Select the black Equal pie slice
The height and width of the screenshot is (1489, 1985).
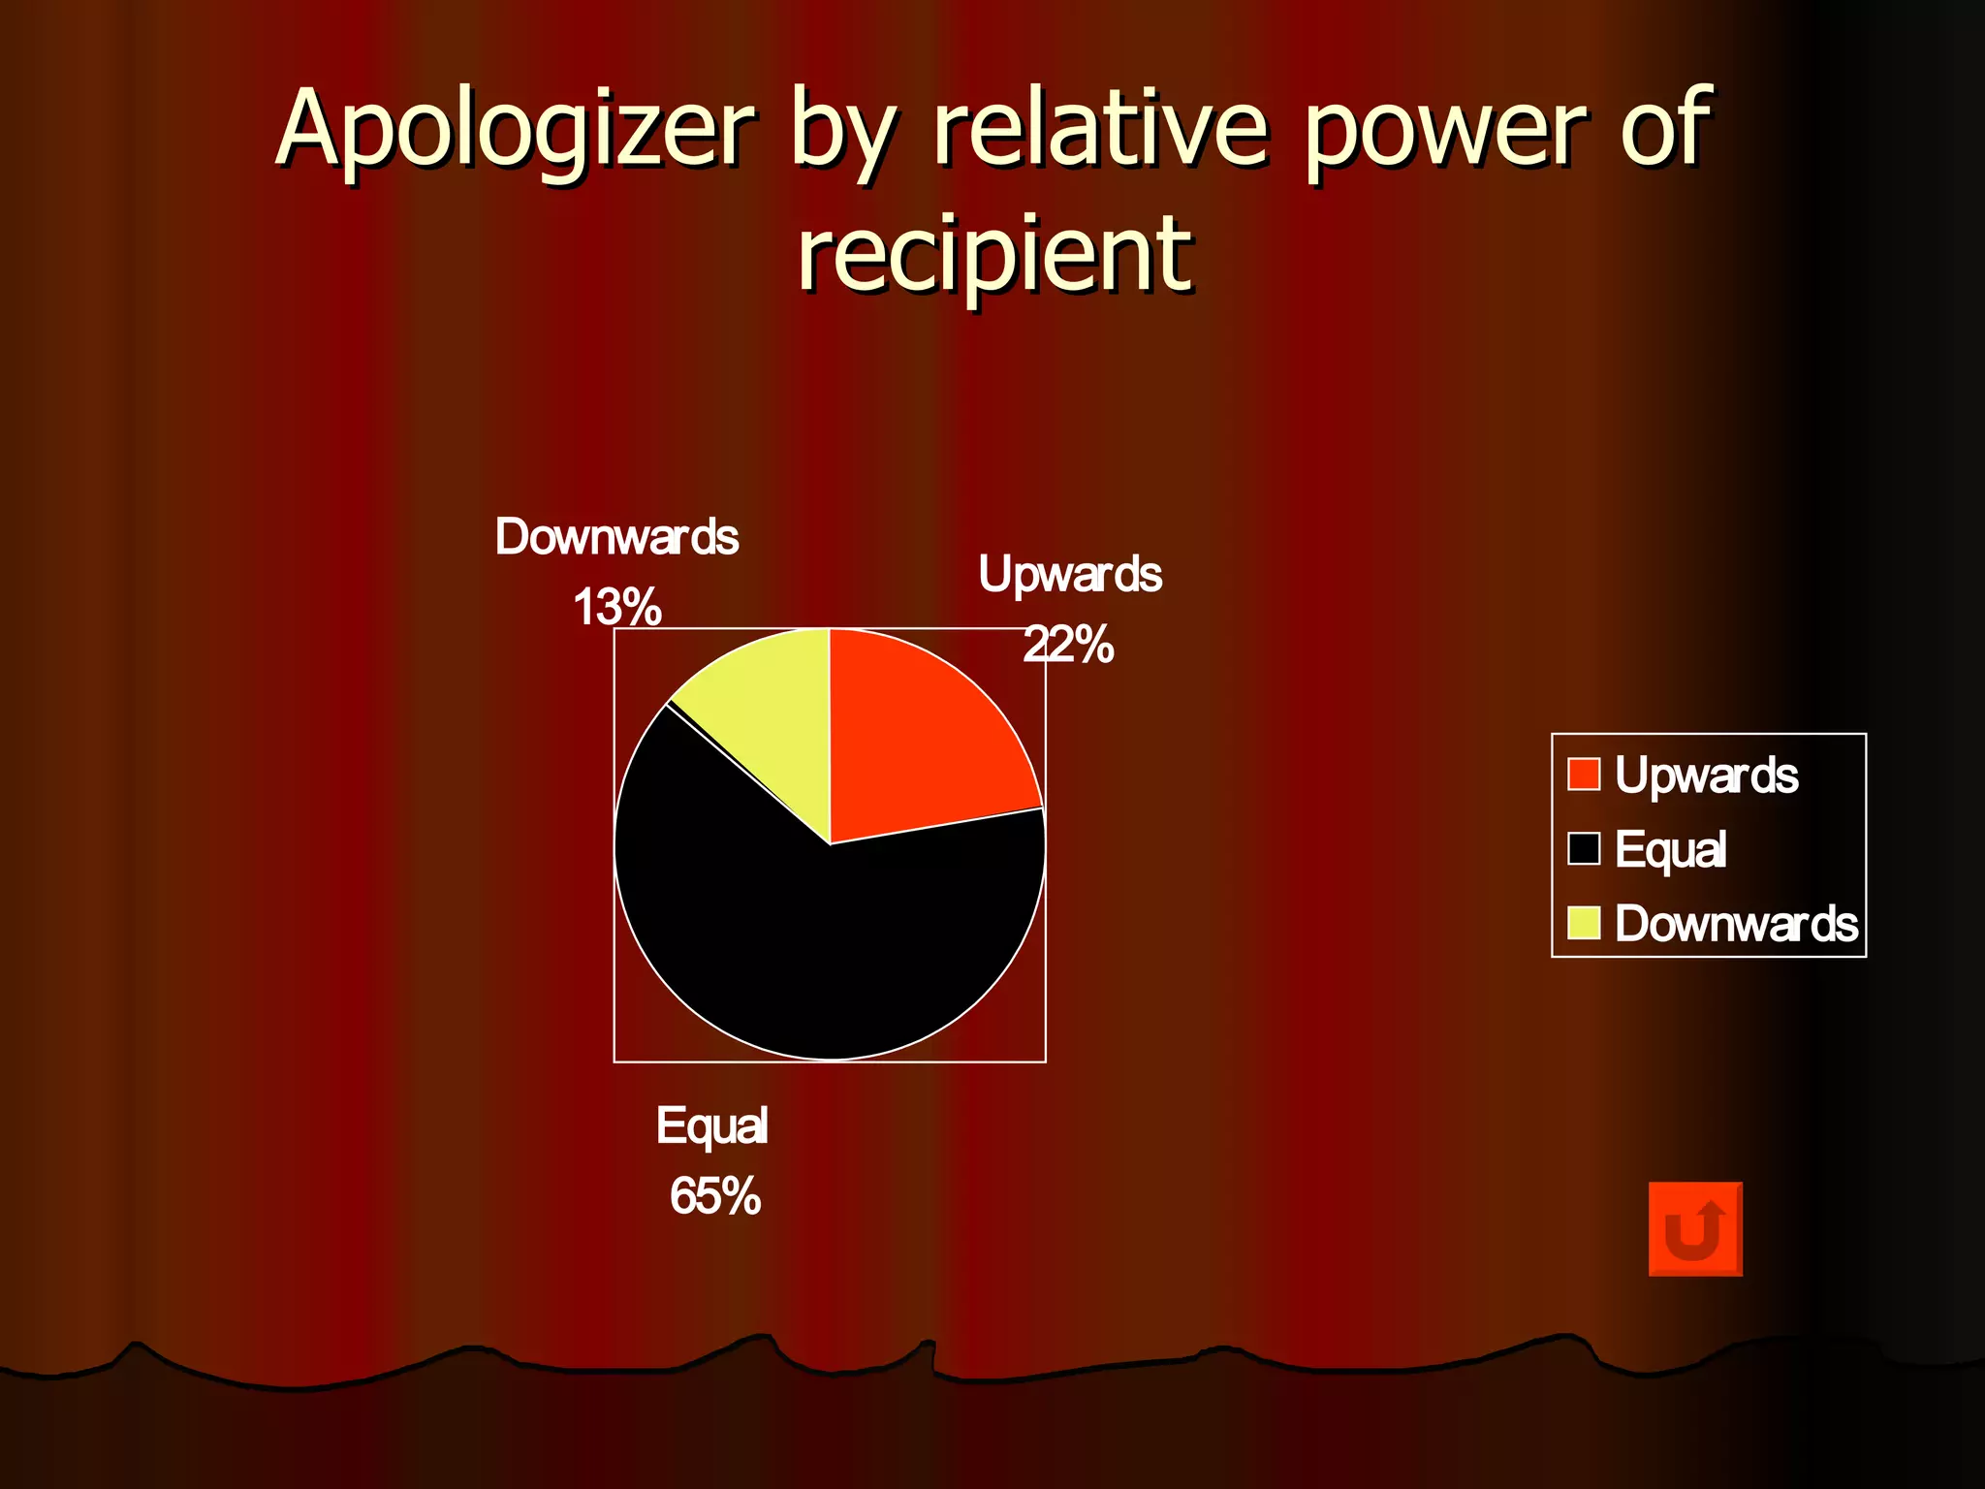pyautogui.click(x=824, y=940)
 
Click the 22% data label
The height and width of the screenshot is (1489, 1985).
pyautogui.click(x=1068, y=645)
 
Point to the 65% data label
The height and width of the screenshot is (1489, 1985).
pyautogui.click(x=715, y=1195)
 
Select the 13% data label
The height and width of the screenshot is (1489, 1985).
pyautogui.click(x=616, y=608)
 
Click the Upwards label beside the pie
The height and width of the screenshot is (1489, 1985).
pyautogui.click(x=1070, y=574)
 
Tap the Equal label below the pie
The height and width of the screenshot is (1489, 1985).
pyautogui.click(x=712, y=1125)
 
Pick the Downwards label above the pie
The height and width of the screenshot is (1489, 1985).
pyautogui.click(x=616, y=537)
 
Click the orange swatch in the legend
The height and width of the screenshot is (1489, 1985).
pyautogui.click(x=1584, y=775)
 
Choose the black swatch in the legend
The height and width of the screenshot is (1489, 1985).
pyautogui.click(x=1584, y=848)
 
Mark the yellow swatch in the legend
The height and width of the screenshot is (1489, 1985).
pyautogui.click(x=1584, y=923)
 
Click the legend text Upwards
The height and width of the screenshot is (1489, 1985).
pyautogui.click(x=1706, y=776)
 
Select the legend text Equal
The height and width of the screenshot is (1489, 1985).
pyautogui.click(x=1670, y=849)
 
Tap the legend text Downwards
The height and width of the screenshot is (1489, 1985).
pyautogui.click(x=1736, y=924)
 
